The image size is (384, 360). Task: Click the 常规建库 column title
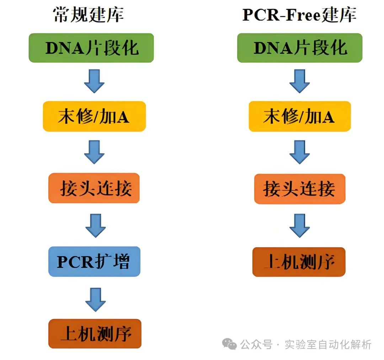click(x=89, y=15)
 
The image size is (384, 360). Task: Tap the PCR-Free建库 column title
click(x=299, y=15)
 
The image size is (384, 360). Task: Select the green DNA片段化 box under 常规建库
click(x=91, y=48)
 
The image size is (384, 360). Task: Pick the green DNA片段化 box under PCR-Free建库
click(x=300, y=48)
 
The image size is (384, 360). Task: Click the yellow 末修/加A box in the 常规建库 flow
click(x=94, y=116)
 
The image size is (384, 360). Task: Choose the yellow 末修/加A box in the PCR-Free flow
click(x=299, y=116)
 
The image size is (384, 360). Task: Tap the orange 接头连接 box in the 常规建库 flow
click(x=94, y=189)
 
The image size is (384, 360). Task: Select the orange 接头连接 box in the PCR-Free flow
click(x=299, y=189)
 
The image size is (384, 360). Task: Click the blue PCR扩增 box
click(x=94, y=261)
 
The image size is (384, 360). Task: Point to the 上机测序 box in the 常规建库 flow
click(x=95, y=334)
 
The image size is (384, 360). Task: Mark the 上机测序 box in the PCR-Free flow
click(x=299, y=262)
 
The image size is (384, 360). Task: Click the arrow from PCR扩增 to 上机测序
click(x=95, y=299)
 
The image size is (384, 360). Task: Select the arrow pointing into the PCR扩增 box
click(x=95, y=225)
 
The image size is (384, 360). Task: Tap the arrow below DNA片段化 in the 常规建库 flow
click(x=94, y=81)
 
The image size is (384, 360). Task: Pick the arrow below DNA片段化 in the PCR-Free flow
click(x=299, y=81)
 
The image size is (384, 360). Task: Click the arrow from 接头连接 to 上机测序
click(x=299, y=225)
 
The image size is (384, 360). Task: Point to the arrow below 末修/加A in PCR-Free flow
click(x=299, y=152)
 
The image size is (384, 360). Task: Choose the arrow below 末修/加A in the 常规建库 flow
click(x=94, y=152)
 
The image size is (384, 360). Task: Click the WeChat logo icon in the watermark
click(x=229, y=344)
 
